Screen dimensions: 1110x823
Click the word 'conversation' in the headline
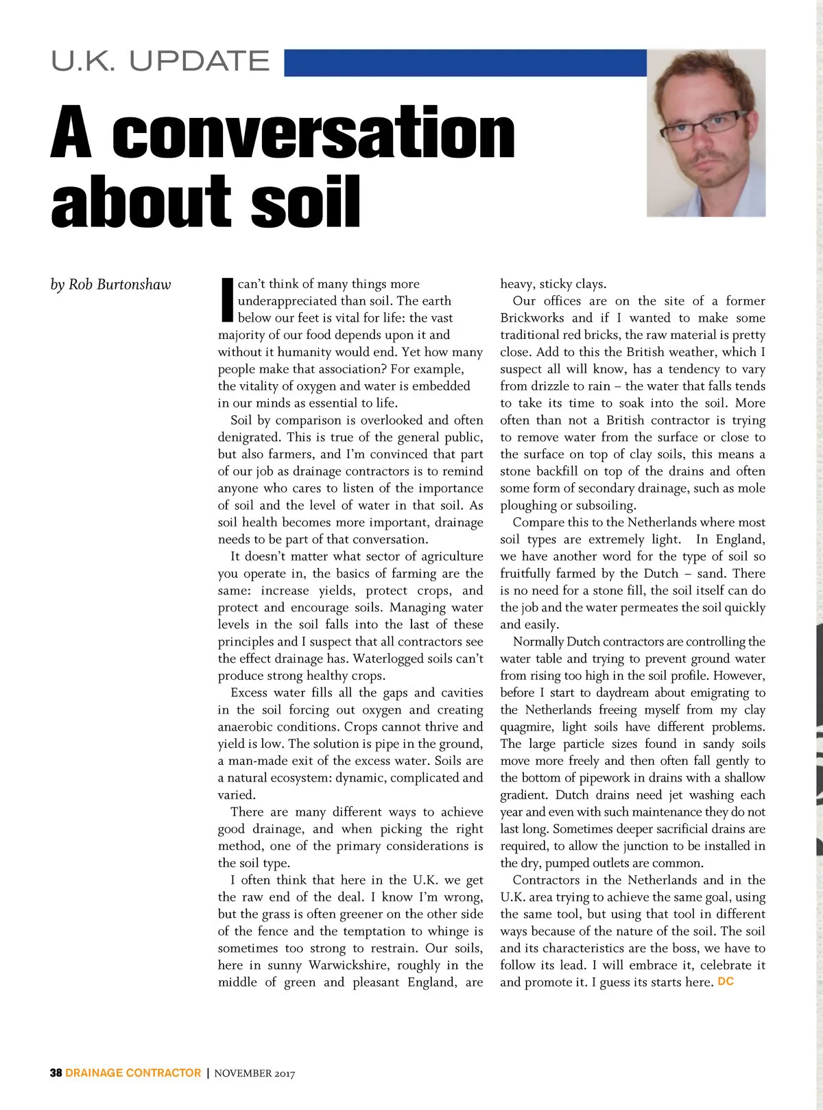313,132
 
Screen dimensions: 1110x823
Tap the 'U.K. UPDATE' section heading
160,61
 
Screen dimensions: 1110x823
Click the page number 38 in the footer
56,1073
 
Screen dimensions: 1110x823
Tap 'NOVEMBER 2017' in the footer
254,1074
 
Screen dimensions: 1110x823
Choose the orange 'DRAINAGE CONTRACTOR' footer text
133,1073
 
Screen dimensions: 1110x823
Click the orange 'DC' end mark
725,982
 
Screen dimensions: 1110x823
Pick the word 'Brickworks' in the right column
532,318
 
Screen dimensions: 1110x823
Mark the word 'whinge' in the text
450,932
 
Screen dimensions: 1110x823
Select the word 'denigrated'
248,437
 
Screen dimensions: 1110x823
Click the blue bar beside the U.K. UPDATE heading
465,62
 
